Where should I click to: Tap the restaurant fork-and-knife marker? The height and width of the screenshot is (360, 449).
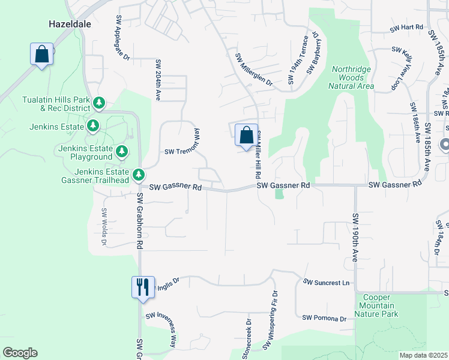(143, 286)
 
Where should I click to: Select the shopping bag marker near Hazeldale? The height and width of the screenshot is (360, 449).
(42, 55)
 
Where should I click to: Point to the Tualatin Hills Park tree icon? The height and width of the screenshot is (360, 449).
(98, 104)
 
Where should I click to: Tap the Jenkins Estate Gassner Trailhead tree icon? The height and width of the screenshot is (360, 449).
(139, 175)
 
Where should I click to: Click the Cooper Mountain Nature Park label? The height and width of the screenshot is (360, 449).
(376, 305)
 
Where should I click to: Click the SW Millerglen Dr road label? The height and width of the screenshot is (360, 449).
(253, 70)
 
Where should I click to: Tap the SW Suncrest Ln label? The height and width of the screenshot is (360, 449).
(326, 282)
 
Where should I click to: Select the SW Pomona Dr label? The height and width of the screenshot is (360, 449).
(325, 318)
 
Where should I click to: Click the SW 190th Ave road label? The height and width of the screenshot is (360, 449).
(355, 237)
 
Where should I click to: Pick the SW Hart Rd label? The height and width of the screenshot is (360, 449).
(407, 28)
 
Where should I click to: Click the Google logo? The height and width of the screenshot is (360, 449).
(20, 353)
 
